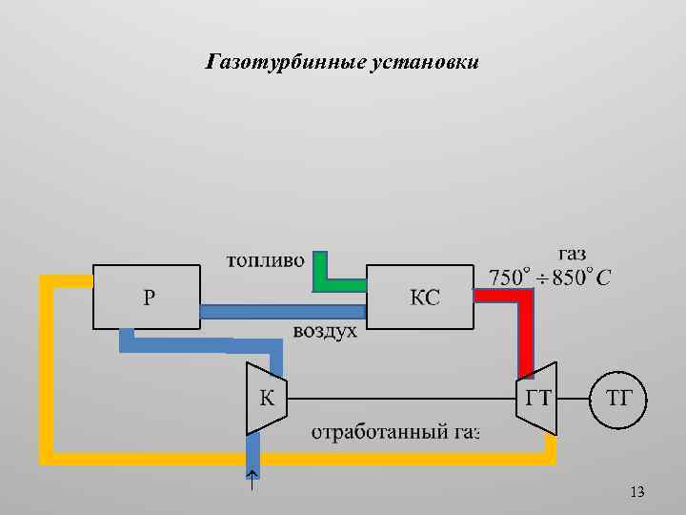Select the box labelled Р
coord(147,297)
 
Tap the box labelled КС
coord(420,297)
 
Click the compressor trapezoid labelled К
coord(267,397)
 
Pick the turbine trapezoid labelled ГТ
coord(536,397)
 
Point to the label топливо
coord(266,259)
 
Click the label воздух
coord(325,331)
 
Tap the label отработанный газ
coord(394,432)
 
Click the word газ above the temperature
coord(572,254)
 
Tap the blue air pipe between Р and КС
coord(283,310)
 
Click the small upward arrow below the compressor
coord(252,479)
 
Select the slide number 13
coord(637,492)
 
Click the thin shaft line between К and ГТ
coord(400,397)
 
